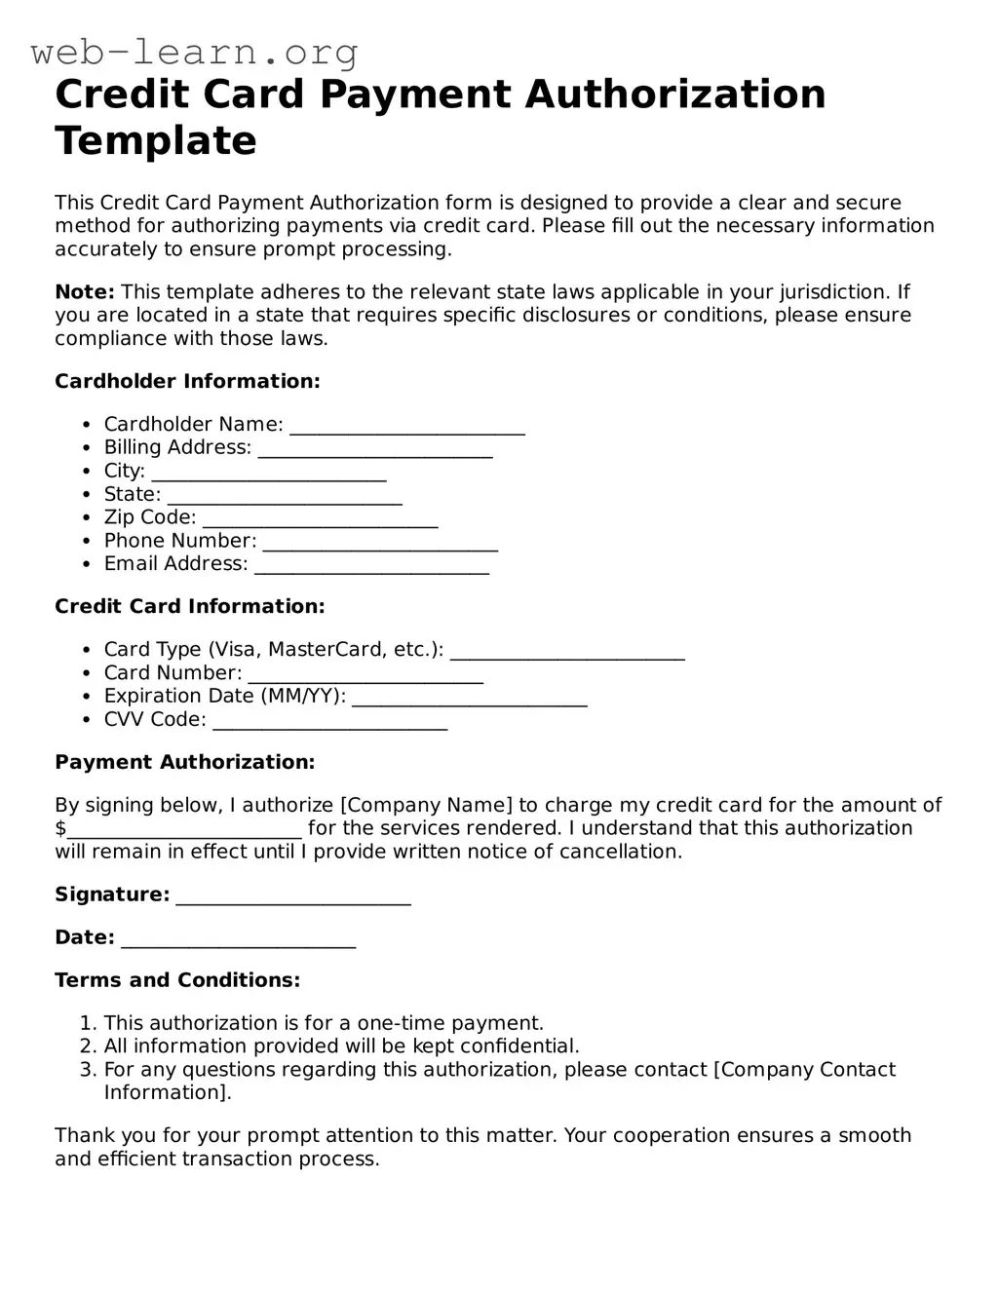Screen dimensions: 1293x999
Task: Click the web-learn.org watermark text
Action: click(194, 52)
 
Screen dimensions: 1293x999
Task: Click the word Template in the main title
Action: click(156, 140)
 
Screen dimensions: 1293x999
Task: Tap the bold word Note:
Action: click(85, 292)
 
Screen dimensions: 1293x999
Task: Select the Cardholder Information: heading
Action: click(187, 381)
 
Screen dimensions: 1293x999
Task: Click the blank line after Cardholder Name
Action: click(407, 427)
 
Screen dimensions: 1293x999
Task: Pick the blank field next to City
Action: click(269, 474)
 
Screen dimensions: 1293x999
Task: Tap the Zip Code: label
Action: click(150, 517)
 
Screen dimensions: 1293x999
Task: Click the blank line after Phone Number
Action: click(380, 544)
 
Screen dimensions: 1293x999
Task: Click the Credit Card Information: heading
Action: click(189, 606)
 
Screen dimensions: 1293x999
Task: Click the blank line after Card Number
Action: click(365, 675)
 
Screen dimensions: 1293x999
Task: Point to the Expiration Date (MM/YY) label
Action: click(225, 696)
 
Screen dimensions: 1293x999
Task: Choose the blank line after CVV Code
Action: click(329, 722)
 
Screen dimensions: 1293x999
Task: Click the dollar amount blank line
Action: click(184, 831)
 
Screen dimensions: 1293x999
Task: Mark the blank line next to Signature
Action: click(293, 897)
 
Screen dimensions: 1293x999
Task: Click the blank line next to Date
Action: click(239, 940)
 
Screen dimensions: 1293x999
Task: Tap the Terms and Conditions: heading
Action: click(177, 980)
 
